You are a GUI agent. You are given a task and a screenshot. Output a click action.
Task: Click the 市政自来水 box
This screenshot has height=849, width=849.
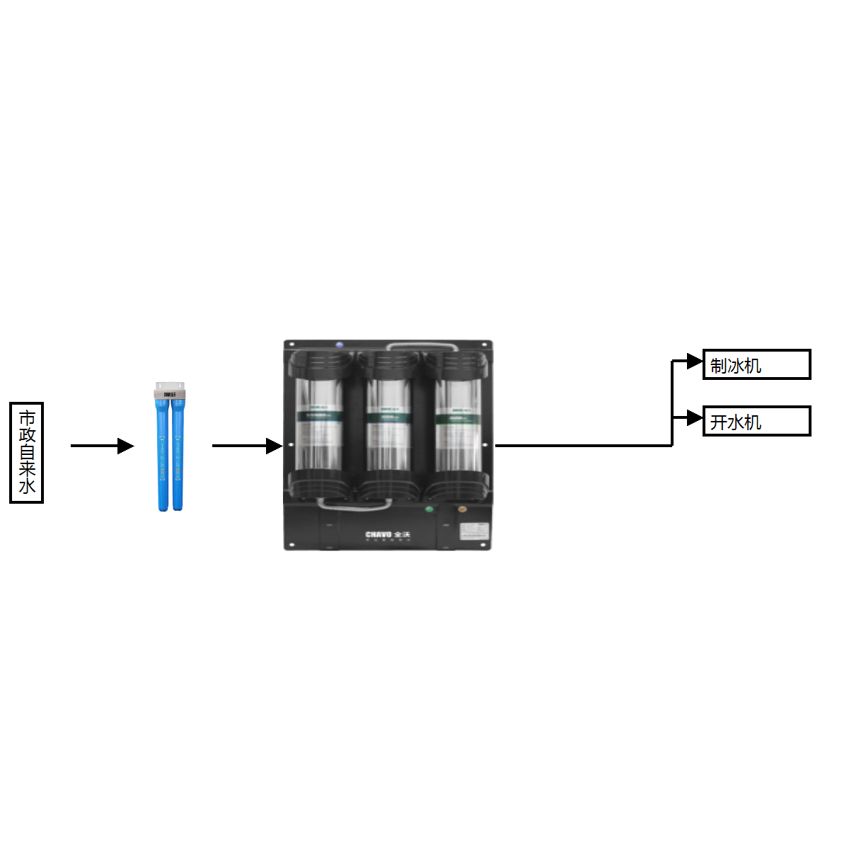tap(27, 453)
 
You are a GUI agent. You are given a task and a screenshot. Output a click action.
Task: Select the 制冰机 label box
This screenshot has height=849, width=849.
tap(756, 365)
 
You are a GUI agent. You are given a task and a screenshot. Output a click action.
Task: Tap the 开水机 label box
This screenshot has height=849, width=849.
tap(756, 422)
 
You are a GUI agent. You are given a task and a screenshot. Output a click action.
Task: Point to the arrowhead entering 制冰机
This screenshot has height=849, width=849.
tap(694, 362)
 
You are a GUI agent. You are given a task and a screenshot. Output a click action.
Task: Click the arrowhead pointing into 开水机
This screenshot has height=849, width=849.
tap(694, 418)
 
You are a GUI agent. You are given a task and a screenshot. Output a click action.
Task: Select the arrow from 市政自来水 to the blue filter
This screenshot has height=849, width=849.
tap(102, 446)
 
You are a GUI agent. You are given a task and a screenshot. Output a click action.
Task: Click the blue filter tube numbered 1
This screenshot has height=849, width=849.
tap(163, 453)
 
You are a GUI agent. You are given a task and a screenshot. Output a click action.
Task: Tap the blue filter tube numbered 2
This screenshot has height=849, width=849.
tap(178, 453)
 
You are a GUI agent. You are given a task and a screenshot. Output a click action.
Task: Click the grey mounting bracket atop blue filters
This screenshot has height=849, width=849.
tap(170, 391)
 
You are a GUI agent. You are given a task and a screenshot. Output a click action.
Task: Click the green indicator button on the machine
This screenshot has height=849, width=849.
tap(428, 509)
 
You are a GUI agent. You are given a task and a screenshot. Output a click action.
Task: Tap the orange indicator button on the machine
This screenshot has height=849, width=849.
tap(462, 509)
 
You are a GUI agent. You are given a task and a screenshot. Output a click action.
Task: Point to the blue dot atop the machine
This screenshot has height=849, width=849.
tap(340, 345)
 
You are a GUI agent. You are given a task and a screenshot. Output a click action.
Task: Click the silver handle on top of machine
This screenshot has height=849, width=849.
tap(422, 347)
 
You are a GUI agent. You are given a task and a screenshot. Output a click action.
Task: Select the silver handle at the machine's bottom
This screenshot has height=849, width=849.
tap(354, 504)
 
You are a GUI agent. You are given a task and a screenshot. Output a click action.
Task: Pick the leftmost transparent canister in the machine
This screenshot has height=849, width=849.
tap(319, 424)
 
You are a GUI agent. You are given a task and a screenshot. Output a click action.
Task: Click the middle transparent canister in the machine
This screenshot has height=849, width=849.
tap(387, 424)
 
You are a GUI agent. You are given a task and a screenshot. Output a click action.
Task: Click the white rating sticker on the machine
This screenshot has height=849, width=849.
tap(474, 531)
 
